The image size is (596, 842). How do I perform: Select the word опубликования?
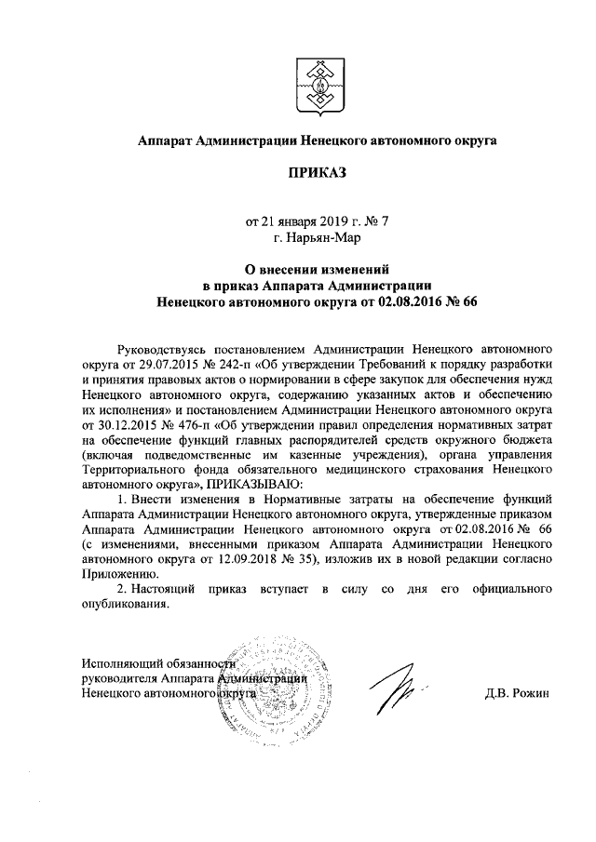click(126, 608)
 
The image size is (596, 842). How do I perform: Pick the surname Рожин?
click(531, 693)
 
